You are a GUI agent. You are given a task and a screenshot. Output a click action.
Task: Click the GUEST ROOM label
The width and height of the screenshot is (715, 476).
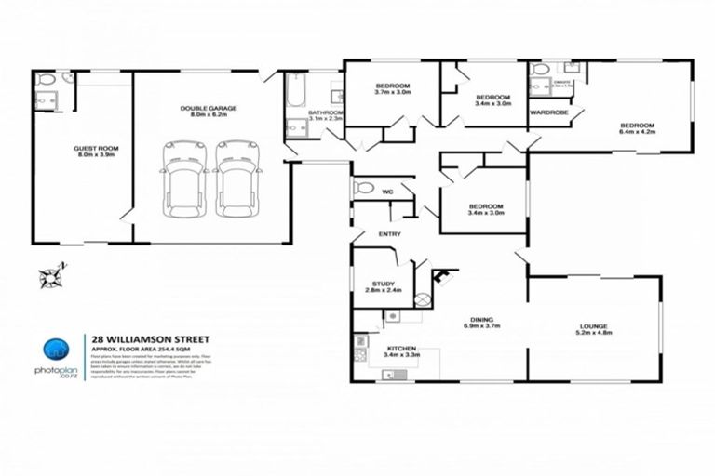tap(96, 152)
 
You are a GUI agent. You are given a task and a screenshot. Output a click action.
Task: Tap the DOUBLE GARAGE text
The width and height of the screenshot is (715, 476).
tap(209, 113)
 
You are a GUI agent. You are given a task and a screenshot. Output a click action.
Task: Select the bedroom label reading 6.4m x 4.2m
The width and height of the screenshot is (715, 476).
tap(638, 129)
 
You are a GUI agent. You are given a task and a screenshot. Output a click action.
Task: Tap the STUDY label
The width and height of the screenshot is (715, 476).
tap(384, 286)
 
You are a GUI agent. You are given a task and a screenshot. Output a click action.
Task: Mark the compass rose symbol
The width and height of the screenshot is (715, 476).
tap(48, 276)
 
